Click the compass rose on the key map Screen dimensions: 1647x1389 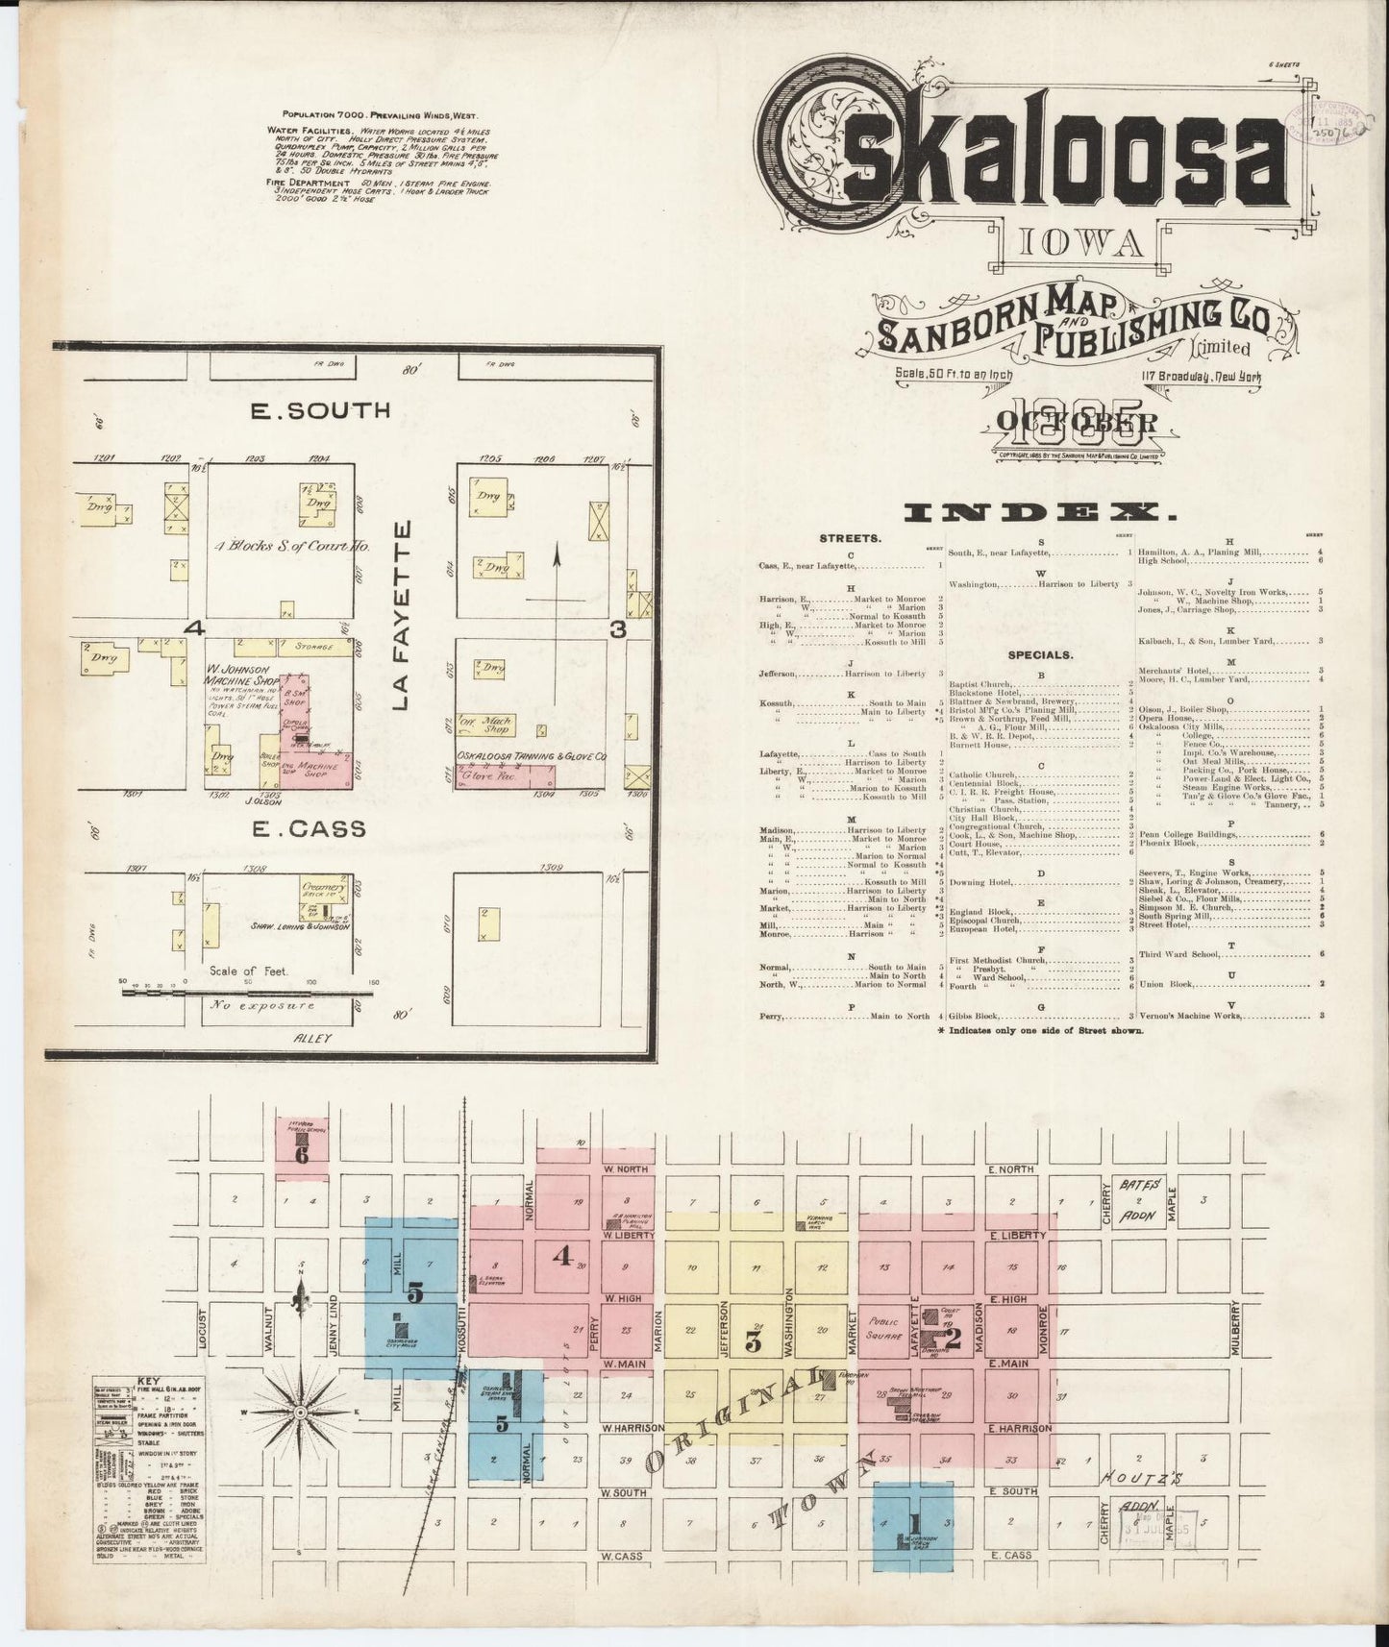pos(300,1412)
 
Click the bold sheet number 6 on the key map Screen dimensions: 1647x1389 pos(302,1155)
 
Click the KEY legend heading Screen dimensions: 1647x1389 pos(151,1379)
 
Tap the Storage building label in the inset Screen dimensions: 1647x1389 pos(312,647)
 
